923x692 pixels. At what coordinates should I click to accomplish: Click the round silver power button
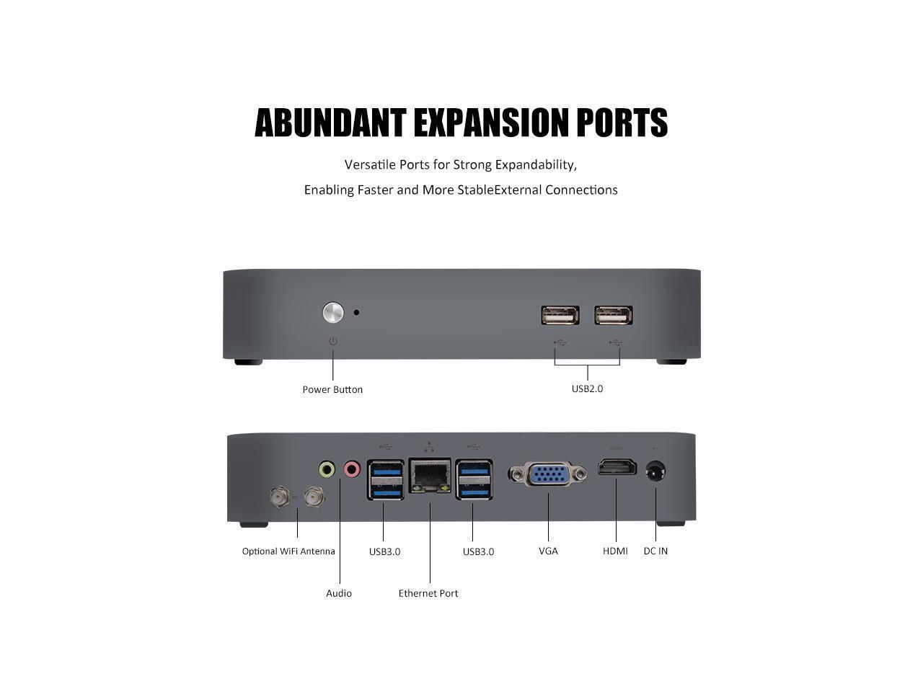pos(332,313)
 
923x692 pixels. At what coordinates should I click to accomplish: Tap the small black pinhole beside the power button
pos(356,313)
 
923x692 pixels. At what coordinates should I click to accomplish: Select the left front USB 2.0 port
pos(560,316)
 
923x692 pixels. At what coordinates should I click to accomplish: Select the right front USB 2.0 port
pos(614,316)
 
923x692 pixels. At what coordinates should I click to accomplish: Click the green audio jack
pos(327,470)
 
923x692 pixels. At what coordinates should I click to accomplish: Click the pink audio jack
pos(352,470)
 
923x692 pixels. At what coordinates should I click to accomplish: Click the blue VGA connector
pos(547,474)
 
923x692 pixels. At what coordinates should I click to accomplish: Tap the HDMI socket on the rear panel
pos(617,468)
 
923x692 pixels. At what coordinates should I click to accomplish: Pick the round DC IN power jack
pos(655,473)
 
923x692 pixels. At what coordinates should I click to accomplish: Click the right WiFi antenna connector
pos(314,496)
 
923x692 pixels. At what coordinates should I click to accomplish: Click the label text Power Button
pos(332,390)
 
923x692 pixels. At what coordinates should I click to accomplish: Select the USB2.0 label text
pos(587,389)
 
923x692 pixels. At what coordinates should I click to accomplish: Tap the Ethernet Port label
pos(428,593)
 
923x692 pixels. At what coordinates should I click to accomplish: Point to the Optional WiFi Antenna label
pos(288,551)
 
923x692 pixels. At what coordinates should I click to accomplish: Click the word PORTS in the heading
pos(622,123)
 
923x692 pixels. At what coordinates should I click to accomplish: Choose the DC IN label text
pos(655,551)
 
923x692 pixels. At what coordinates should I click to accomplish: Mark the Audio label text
pos(339,593)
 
